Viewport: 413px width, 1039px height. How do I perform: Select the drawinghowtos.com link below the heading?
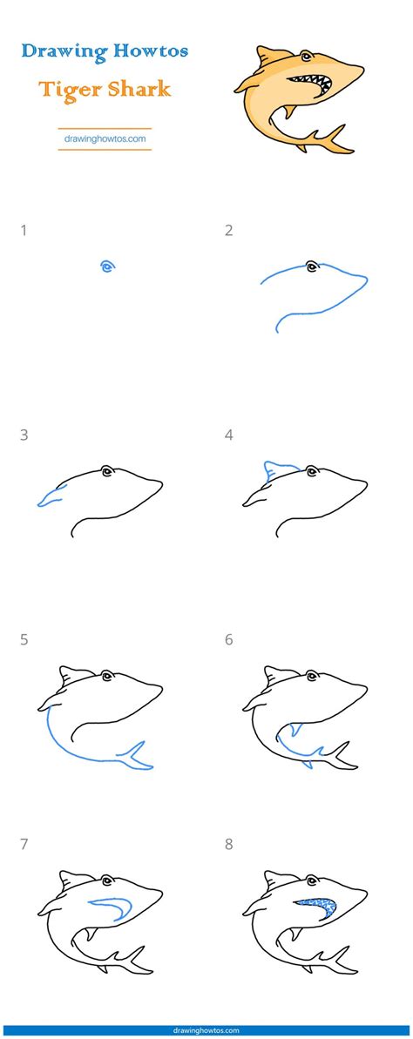(105, 138)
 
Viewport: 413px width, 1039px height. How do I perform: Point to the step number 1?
(24, 231)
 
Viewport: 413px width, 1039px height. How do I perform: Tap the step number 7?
(24, 844)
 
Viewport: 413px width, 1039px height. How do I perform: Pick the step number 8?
(229, 844)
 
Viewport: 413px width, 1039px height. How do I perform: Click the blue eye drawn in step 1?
(107, 267)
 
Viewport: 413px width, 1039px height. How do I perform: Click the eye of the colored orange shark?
(312, 59)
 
